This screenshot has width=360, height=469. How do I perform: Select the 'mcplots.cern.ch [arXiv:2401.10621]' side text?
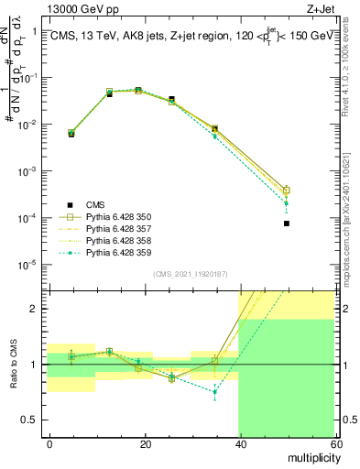(x=352, y=215)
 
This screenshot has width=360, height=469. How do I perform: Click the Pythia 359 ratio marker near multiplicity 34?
(x=214, y=392)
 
